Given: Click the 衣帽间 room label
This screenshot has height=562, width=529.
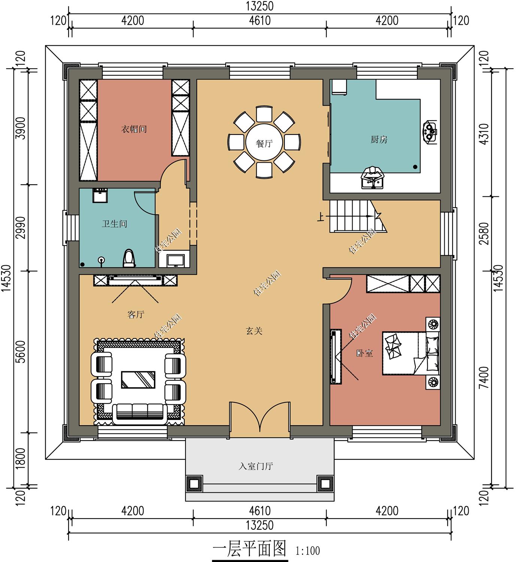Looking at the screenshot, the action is coord(134,129).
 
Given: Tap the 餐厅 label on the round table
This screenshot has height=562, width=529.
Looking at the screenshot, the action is coord(264,143).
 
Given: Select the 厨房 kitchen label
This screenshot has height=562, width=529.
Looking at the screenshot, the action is coord(379,139).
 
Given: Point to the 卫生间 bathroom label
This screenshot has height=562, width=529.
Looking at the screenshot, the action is coord(114,224).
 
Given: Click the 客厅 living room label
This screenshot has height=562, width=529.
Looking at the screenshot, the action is coord(136,314).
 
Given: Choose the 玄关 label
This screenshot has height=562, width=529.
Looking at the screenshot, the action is coord(254,330).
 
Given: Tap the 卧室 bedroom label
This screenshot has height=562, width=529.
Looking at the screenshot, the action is coord(364,353).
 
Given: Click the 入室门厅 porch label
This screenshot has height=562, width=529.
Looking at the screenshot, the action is coord(256,466).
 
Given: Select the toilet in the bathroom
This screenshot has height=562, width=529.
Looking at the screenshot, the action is coord(129,258).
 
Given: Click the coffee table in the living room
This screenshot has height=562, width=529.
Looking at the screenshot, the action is coord(138,380).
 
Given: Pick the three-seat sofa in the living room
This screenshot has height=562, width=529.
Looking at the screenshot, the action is coord(140,414).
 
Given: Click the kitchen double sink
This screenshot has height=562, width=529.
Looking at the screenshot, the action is coord(372,178).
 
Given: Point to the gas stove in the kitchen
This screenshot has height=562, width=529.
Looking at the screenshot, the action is coord(430,132).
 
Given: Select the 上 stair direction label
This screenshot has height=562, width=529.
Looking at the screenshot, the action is coord(320,217).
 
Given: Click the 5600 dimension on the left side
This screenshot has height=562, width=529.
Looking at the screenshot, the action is coord(21,351).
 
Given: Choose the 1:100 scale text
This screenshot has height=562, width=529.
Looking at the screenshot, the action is coord(308,551).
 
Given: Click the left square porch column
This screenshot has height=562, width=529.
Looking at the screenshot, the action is coord(194,484).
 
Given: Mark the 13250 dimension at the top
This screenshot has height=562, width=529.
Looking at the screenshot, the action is coord(260,6).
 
